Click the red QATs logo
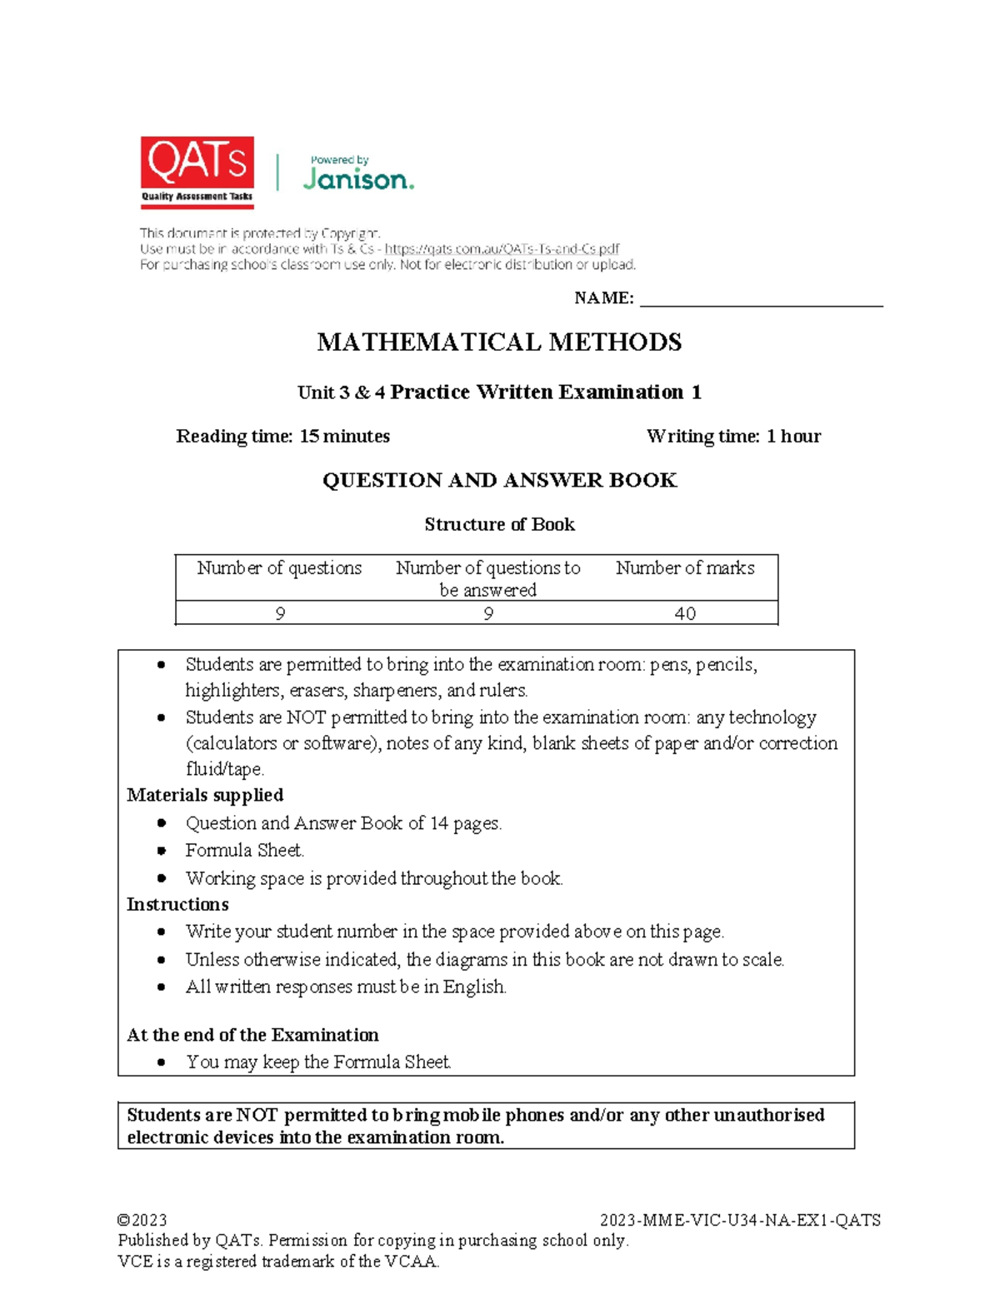click(x=197, y=172)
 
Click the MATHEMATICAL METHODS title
click(x=499, y=342)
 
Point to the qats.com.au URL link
click(x=502, y=248)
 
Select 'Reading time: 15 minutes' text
click(x=282, y=436)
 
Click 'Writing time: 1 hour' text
click(x=733, y=436)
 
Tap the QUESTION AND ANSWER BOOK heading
click(x=499, y=480)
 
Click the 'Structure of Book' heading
click(x=499, y=524)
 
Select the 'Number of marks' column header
click(x=685, y=567)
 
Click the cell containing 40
click(x=685, y=613)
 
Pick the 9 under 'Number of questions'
click(x=280, y=613)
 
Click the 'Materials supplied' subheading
click(x=205, y=795)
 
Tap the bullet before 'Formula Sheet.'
click(x=162, y=851)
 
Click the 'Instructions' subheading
click(x=177, y=904)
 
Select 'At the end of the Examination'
click(x=252, y=1035)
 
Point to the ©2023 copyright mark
click(x=142, y=1220)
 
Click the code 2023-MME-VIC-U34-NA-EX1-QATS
click(x=740, y=1220)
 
